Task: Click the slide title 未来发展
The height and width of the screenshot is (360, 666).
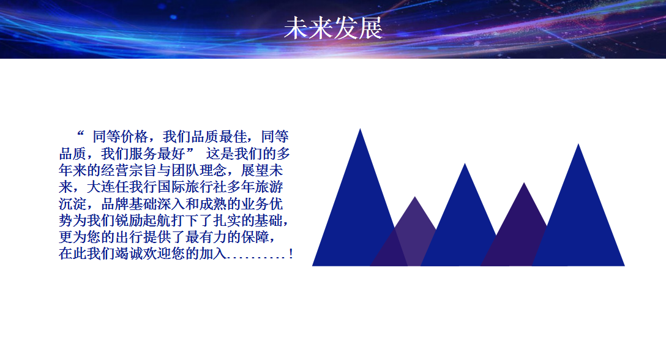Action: tap(334, 29)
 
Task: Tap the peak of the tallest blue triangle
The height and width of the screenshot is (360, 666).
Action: tap(360, 129)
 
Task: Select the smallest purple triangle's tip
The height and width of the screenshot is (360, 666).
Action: tap(415, 197)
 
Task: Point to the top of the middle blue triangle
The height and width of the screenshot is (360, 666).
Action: tap(465, 163)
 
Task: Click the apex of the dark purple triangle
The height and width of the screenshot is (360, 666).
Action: tap(524, 183)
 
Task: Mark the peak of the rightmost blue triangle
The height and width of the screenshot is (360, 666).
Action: tap(578, 144)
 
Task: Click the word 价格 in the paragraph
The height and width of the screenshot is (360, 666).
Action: tap(135, 137)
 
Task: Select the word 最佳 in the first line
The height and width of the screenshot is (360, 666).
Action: tap(233, 137)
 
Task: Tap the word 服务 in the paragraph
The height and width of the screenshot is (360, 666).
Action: tap(143, 154)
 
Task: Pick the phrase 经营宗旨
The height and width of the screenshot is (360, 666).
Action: tap(129, 170)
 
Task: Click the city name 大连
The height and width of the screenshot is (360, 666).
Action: tap(100, 187)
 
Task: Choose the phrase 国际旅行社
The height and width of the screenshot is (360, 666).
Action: tap(192, 187)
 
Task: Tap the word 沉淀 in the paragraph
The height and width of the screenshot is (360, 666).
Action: tap(73, 204)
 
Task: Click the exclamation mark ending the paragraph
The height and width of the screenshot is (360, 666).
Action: tap(291, 254)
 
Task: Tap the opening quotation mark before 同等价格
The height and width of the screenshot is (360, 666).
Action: tap(81, 133)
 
